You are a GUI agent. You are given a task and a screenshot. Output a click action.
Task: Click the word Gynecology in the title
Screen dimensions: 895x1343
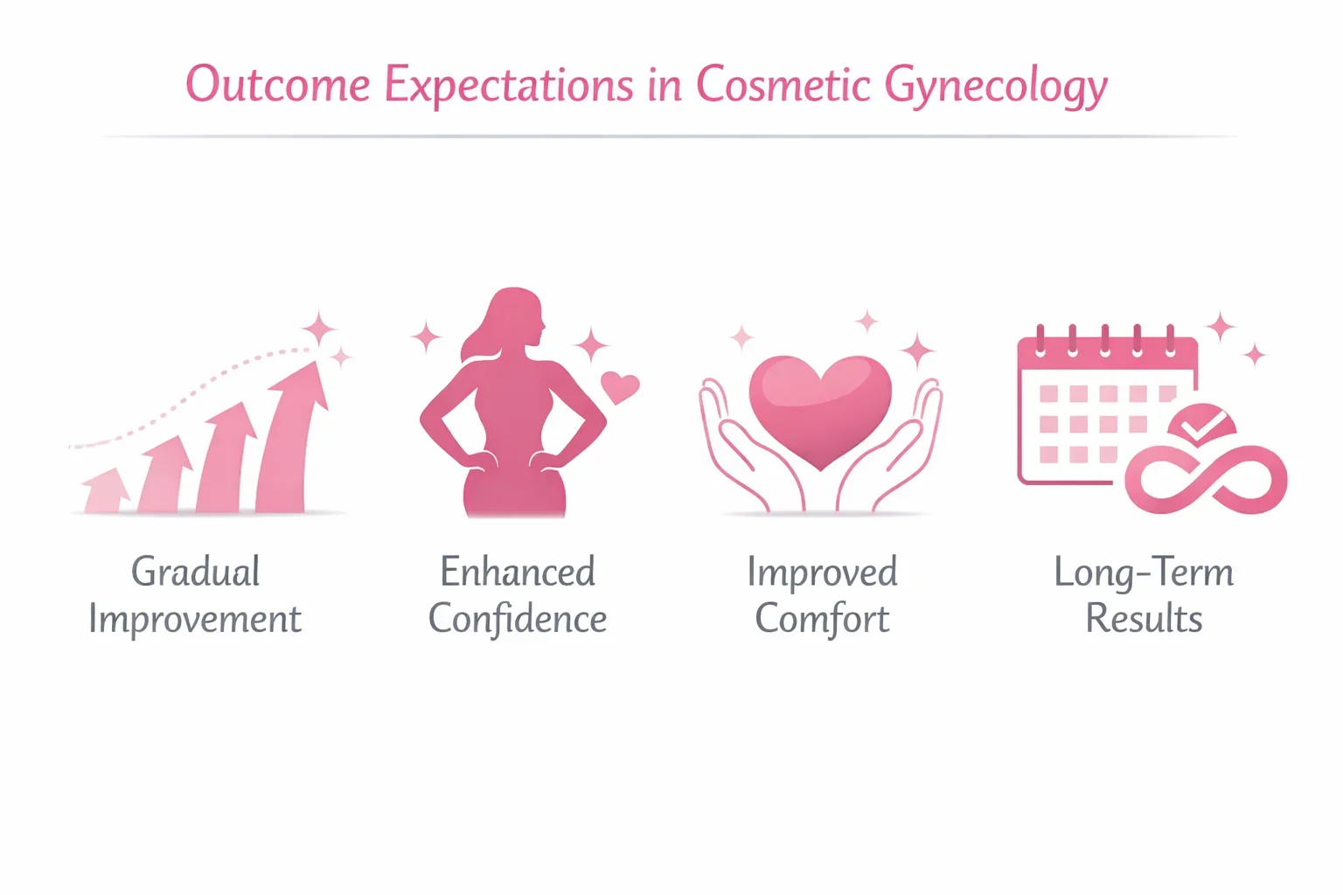tap(995, 86)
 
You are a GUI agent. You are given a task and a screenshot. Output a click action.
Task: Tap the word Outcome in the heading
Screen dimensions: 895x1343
tap(278, 85)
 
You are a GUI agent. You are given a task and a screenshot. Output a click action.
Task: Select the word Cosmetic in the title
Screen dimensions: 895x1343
tap(783, 85)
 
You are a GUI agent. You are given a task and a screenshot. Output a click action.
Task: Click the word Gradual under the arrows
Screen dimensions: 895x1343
tap(196, 572)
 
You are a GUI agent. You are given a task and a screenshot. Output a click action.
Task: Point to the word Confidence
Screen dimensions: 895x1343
tap(518, 620)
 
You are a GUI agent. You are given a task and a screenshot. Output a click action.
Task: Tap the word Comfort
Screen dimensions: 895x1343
tap(822, 620)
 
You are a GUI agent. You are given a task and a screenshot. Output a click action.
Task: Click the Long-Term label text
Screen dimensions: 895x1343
tap(1144, 572)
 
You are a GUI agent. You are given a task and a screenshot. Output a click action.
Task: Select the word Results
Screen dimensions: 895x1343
tap(1144, 620)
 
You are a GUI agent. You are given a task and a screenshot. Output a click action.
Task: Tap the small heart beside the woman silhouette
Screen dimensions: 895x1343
tap(620, 385)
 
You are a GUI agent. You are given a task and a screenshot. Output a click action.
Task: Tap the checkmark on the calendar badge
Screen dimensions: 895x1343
tap(1199, 426)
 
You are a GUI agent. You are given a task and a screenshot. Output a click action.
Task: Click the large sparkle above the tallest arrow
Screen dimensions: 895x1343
tap(319, 330)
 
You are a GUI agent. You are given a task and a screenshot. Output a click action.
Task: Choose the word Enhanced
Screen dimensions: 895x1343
tap(518, 572)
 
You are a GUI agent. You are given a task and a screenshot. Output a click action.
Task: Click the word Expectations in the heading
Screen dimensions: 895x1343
tap(509, 86)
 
